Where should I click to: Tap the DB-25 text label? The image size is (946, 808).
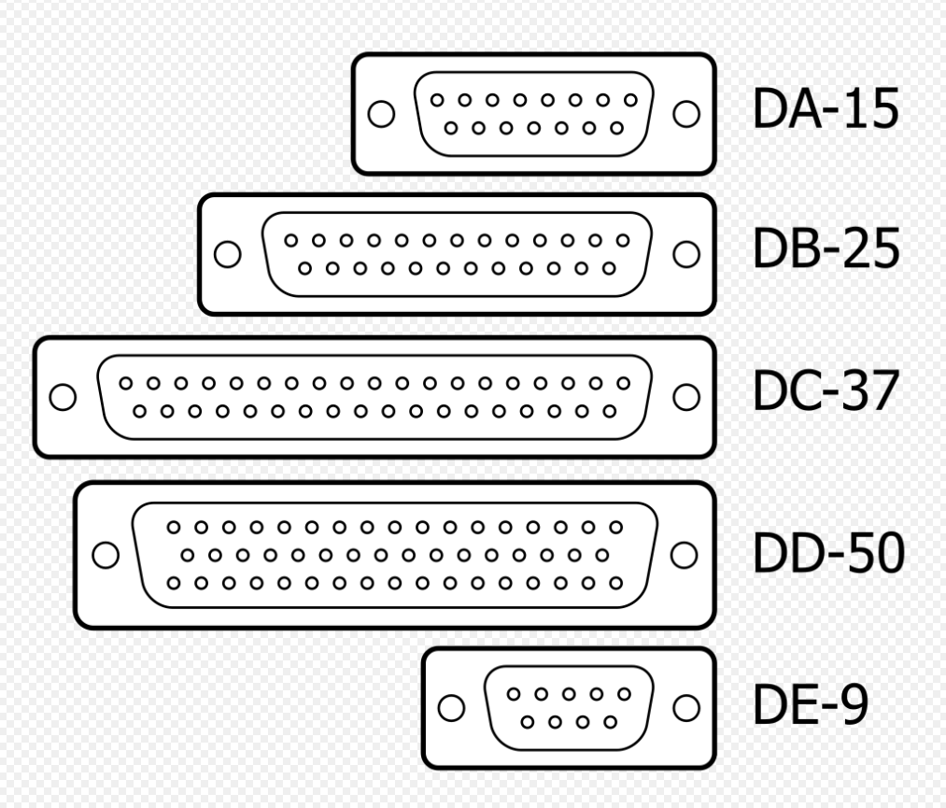click(x=826, y=251)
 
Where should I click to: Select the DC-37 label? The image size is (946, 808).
click(x=826, y=393)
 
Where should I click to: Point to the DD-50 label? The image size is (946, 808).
click(x=828, y=554)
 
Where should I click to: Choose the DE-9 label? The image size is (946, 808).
click(x=811, y=706)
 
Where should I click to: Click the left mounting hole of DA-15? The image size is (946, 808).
click(x=381, y=114)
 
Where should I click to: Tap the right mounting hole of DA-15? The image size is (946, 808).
click(x=686, y=114)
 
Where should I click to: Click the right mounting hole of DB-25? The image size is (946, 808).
click(x=686, y=254)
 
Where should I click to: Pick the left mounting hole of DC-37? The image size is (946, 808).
click(x=63, y=397)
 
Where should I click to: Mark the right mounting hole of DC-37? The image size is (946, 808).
click(x=686, y=397)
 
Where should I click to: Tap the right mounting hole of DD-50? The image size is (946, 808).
click(x=685, y=555)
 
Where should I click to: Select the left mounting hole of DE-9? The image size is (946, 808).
click(x=452, y=707)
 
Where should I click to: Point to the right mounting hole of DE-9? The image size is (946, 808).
click(x=686, y=707)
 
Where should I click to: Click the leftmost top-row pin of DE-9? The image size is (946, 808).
click(x=515, y=694)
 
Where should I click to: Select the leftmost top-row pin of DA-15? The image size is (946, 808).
click(x=436, y=99)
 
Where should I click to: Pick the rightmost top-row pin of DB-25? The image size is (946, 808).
click(x=621, y=240)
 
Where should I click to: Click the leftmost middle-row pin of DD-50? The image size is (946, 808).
click(x=187, y=556)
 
